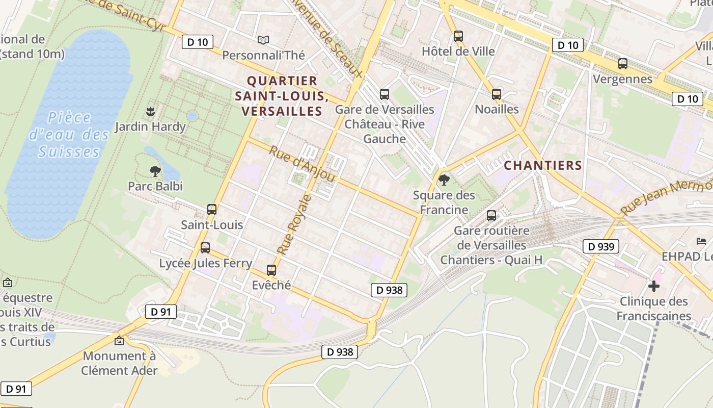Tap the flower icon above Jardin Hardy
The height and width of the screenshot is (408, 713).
tap(150, 111)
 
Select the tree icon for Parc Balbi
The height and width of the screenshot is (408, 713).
tap(155, 171)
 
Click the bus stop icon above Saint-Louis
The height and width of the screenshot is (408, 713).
tap(212, 209)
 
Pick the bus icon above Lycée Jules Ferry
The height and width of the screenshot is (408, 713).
tap(205, 248)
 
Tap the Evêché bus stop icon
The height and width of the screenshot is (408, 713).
tap(271, 270)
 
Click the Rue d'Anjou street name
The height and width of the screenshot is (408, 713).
tap(301, 164)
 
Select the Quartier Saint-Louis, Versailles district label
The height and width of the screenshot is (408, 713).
tap(282, 96)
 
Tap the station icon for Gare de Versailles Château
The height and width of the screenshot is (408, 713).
tap(385, 94)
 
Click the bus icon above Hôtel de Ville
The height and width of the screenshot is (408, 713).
tap(458, 36)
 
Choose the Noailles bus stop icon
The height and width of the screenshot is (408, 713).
tap(497, 94)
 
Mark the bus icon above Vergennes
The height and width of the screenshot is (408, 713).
tap(622, 64)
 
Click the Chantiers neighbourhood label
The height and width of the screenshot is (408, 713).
tap(543, 165)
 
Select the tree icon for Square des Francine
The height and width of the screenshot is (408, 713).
tap(444, 180)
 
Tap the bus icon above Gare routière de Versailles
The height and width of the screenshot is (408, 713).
tap(491, 216)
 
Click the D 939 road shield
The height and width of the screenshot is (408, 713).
tap(601, 247)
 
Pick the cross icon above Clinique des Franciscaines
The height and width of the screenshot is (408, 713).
tap(654, 286)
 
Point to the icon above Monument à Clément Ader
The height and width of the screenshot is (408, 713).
tap(119, 341)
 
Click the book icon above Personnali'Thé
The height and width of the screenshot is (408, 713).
tap(263, 40)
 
